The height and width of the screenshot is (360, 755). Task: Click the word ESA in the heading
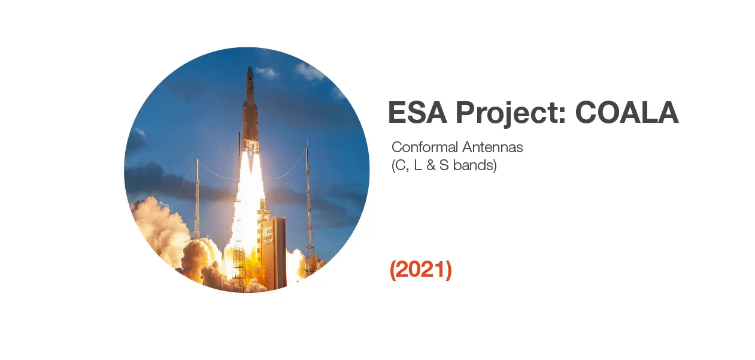417,112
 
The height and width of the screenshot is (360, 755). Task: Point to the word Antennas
492,147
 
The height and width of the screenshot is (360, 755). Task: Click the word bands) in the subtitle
475,165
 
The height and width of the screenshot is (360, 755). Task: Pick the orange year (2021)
421,270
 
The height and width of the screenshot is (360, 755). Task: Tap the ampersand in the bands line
430,165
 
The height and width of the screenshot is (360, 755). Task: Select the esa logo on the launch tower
268,231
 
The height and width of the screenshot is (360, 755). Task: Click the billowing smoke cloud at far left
159,229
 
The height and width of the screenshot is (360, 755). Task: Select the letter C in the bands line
400,165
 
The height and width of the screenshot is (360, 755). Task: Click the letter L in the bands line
418,165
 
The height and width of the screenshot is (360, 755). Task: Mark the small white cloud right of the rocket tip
268,72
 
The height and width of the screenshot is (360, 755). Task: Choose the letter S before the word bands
444,165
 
